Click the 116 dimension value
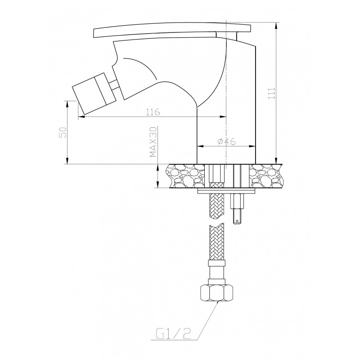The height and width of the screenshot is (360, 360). point(153,112)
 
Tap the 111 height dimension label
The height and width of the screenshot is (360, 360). point(272,93)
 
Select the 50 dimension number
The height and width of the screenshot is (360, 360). point(63,132)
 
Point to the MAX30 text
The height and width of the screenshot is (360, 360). point(153,142)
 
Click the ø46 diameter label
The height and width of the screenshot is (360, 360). point(226,142)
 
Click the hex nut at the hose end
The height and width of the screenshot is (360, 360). point(217,293)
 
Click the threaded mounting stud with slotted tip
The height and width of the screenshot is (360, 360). point(237,208)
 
